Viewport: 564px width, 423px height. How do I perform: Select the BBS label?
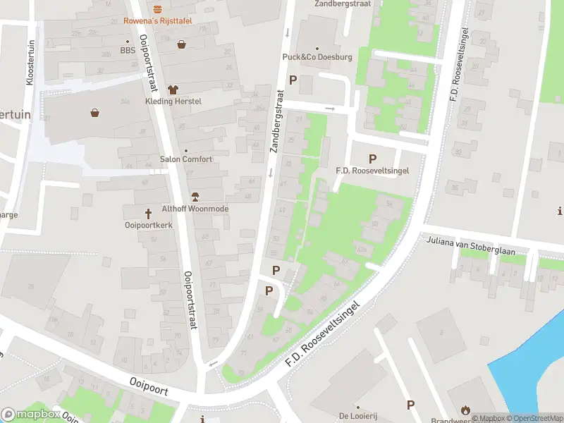(127, 50)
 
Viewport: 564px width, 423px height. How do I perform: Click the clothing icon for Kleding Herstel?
(173, 90)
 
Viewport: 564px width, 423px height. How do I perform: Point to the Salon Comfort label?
(186, 159)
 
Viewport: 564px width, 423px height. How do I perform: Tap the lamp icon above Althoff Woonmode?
(196, 197)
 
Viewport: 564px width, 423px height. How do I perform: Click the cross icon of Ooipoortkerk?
(149, 213)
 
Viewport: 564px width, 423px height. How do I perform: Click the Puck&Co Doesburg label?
(317, 56)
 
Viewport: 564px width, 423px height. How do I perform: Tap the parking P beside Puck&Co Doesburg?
(293, 80)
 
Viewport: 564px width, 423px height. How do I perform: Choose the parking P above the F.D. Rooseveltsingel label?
(372, 159)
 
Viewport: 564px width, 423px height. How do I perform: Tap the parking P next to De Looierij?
(410, 405)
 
